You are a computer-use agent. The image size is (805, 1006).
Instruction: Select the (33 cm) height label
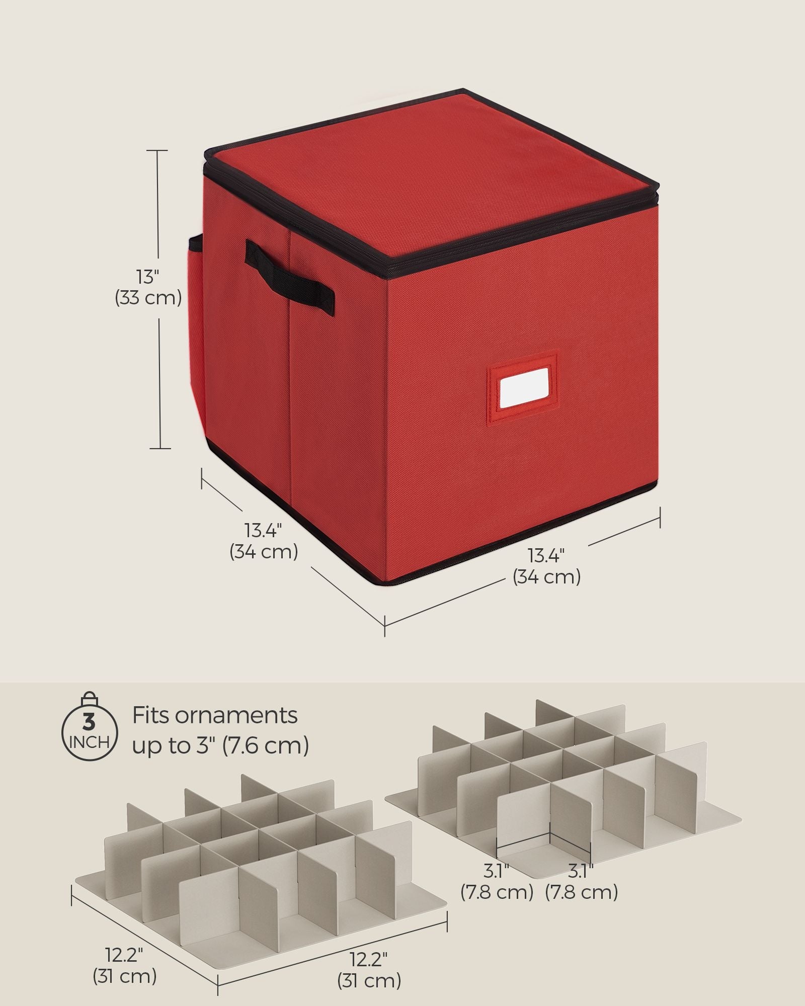(148, 298)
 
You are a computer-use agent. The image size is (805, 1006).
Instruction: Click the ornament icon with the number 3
(89, 727)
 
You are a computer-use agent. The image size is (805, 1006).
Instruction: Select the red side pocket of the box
(197, 332)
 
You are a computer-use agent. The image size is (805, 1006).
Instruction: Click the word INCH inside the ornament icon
(89, 742)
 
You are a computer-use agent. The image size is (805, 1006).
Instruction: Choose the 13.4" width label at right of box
(546, 556)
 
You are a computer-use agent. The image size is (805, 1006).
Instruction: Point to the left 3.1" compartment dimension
(497, 870)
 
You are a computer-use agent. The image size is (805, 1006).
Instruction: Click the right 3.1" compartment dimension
(581, 870)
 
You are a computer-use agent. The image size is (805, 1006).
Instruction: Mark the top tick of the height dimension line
(159, 150)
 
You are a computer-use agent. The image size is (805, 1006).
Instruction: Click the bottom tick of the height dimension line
(160, 448)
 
